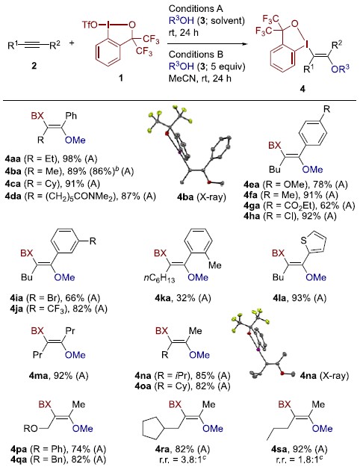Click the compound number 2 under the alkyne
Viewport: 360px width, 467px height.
(34, 65)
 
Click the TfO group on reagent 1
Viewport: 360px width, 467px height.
(90, 25)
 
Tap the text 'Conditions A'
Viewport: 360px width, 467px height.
(196, 9)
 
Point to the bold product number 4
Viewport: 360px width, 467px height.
(302, 89)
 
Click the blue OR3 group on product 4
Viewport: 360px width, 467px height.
(340, 69)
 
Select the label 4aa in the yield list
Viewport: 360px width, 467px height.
(13, 158)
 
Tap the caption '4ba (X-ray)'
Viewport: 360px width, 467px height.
(202, 197)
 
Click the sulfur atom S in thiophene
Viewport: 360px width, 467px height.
(303, 240)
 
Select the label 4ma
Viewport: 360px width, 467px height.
(38, 376)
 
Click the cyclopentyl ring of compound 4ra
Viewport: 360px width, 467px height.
(153, 428)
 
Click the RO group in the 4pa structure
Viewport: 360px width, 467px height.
(31, 429)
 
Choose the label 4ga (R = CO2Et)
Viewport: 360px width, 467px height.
(300, 205)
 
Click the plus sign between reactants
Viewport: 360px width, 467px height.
(72, 43)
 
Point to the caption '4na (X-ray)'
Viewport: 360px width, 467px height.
(324, 376)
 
